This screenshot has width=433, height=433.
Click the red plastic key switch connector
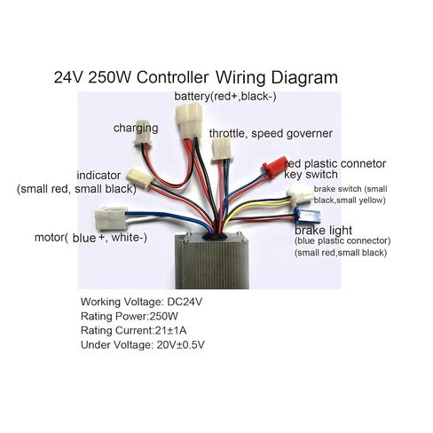(274, 167)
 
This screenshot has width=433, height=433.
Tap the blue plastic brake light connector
(307, 216)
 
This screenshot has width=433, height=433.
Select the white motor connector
(111, 218)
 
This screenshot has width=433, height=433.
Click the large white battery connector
(189, 120)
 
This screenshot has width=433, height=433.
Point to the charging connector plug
(143, 133)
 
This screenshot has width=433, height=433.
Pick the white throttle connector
(222, 150)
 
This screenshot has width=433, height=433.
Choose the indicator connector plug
(139, 177)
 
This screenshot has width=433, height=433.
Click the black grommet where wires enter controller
(215, 236)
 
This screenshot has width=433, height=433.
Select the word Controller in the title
(172, 77)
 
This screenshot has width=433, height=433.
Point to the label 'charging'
(136, 129)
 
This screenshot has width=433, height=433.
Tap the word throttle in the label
(226, 133)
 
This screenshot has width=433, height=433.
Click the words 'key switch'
(311, 174)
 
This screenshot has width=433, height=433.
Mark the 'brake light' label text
(323, 231)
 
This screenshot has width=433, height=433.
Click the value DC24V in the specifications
(185, 302)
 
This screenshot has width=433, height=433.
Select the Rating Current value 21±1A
(170, 330)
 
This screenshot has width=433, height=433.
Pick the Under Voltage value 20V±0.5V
(180, 344)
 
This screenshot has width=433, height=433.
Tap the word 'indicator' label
(98, 176)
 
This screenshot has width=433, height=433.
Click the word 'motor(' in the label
(51, 238)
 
